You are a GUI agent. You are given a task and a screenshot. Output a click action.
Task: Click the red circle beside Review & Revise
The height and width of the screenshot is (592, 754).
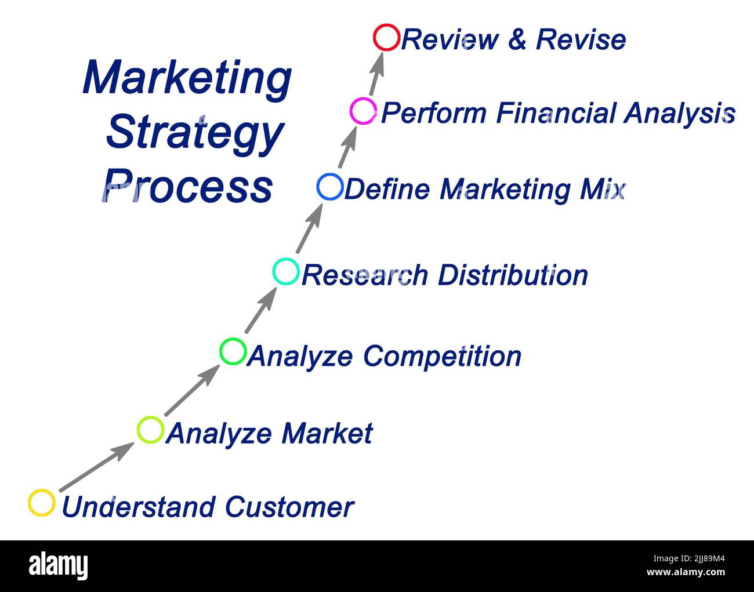pos(386,38)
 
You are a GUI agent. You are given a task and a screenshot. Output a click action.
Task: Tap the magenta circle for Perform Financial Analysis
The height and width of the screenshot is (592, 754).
pos(364,111)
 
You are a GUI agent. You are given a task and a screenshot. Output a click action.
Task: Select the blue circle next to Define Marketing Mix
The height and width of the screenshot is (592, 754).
pos(330,187)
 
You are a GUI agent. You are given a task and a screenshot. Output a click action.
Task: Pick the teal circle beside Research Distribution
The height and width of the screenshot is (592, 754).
pos(286,271)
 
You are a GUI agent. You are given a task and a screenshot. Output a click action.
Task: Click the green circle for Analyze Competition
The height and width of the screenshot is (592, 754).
pos(233,351)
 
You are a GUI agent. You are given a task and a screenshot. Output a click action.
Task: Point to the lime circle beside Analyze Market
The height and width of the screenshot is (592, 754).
pos(150,430)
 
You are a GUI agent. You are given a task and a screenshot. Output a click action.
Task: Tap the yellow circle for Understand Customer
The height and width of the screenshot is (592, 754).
pos(42,503)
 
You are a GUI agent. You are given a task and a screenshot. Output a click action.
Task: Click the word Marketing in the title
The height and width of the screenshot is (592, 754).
pos(187,79)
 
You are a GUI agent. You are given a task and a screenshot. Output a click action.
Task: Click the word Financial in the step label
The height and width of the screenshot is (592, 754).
pos(556,112)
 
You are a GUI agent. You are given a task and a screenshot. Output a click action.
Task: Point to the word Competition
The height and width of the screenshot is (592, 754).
pos(442,356)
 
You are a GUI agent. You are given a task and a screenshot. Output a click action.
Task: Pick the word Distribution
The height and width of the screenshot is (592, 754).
pos(513,275)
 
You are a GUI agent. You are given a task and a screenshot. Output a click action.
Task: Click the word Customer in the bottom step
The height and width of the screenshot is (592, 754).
pos(289,507)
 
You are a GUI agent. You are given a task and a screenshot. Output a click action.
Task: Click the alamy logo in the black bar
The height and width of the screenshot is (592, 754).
pos(59,566)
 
